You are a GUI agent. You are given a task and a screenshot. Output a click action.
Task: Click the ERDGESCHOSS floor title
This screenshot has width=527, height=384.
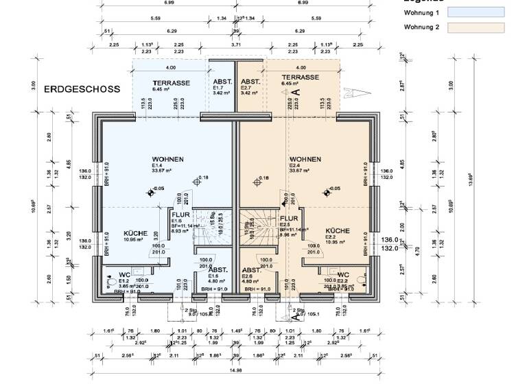click(82, 89)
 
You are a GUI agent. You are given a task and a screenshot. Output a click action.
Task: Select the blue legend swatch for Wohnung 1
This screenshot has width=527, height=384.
click(476, 12)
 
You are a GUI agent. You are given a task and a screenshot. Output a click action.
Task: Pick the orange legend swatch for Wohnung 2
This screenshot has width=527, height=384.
click(476, 28)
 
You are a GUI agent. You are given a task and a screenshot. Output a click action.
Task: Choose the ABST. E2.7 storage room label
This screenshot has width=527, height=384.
click(250, 82)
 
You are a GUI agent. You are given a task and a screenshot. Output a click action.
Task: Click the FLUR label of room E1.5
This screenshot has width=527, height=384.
click(180, 215)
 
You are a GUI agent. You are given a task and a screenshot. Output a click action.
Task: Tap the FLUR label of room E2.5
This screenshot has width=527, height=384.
click(289, 218)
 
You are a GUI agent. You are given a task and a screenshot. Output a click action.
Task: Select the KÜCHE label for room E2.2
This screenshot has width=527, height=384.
click(338, 231)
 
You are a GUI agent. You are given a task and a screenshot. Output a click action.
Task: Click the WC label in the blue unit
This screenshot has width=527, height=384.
click(124, 274)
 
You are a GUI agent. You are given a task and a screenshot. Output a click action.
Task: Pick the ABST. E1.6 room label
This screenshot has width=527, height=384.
click(218, 271)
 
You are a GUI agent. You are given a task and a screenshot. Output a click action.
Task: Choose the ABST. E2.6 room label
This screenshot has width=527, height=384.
click(251, 271)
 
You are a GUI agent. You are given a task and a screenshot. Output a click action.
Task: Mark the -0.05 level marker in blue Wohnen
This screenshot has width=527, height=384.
click(157, 189)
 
